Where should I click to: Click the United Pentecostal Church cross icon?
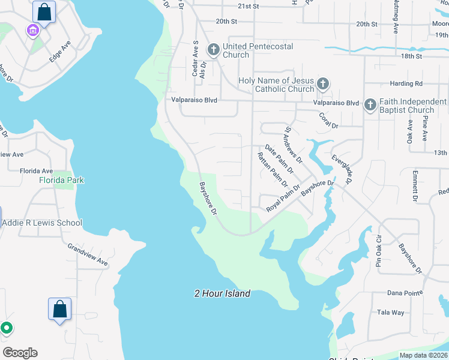213,49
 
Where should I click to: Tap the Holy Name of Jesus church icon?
323,83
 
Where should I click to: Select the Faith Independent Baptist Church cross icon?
370,105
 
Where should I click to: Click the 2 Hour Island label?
222,293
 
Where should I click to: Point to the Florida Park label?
61,180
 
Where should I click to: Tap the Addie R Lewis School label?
42,223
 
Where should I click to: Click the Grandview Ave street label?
88,255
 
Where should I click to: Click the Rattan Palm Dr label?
273,170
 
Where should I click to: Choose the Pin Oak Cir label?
379,254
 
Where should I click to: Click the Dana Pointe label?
403,295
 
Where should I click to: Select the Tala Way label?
390,313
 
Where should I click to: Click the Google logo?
20,353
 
